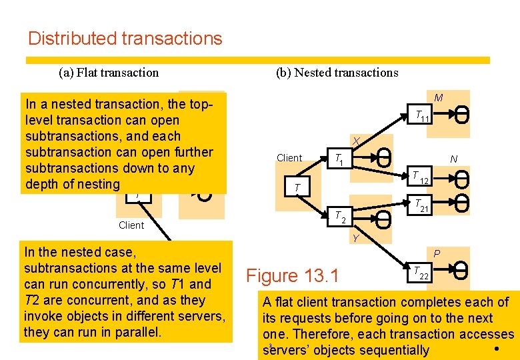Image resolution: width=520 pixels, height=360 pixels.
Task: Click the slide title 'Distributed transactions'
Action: pos(125,39)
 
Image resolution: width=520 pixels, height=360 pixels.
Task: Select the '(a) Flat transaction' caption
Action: pos(109,73)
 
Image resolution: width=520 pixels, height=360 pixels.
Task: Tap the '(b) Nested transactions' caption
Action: pos(337,73)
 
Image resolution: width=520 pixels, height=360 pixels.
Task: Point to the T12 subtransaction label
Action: pos(420,177)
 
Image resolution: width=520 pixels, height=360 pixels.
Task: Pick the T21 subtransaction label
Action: pos(421,206)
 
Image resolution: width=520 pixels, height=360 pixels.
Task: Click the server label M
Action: pos(438,98)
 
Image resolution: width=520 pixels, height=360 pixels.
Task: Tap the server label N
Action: pos(453,159)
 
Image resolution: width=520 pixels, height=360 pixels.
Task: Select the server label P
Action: pos(437,253)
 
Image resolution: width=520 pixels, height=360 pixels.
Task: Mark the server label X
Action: pos(357,141)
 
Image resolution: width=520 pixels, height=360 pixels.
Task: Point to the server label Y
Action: pos(356,238)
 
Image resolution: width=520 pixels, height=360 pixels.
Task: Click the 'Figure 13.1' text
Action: pos(293,275)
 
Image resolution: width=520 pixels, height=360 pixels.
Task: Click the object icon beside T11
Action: pos(461,115)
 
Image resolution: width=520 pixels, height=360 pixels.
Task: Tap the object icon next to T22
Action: pos(461,271)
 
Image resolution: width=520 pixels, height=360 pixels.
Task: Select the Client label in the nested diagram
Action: pos(289,158)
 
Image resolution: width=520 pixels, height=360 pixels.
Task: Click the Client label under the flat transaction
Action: pos(131,225)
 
